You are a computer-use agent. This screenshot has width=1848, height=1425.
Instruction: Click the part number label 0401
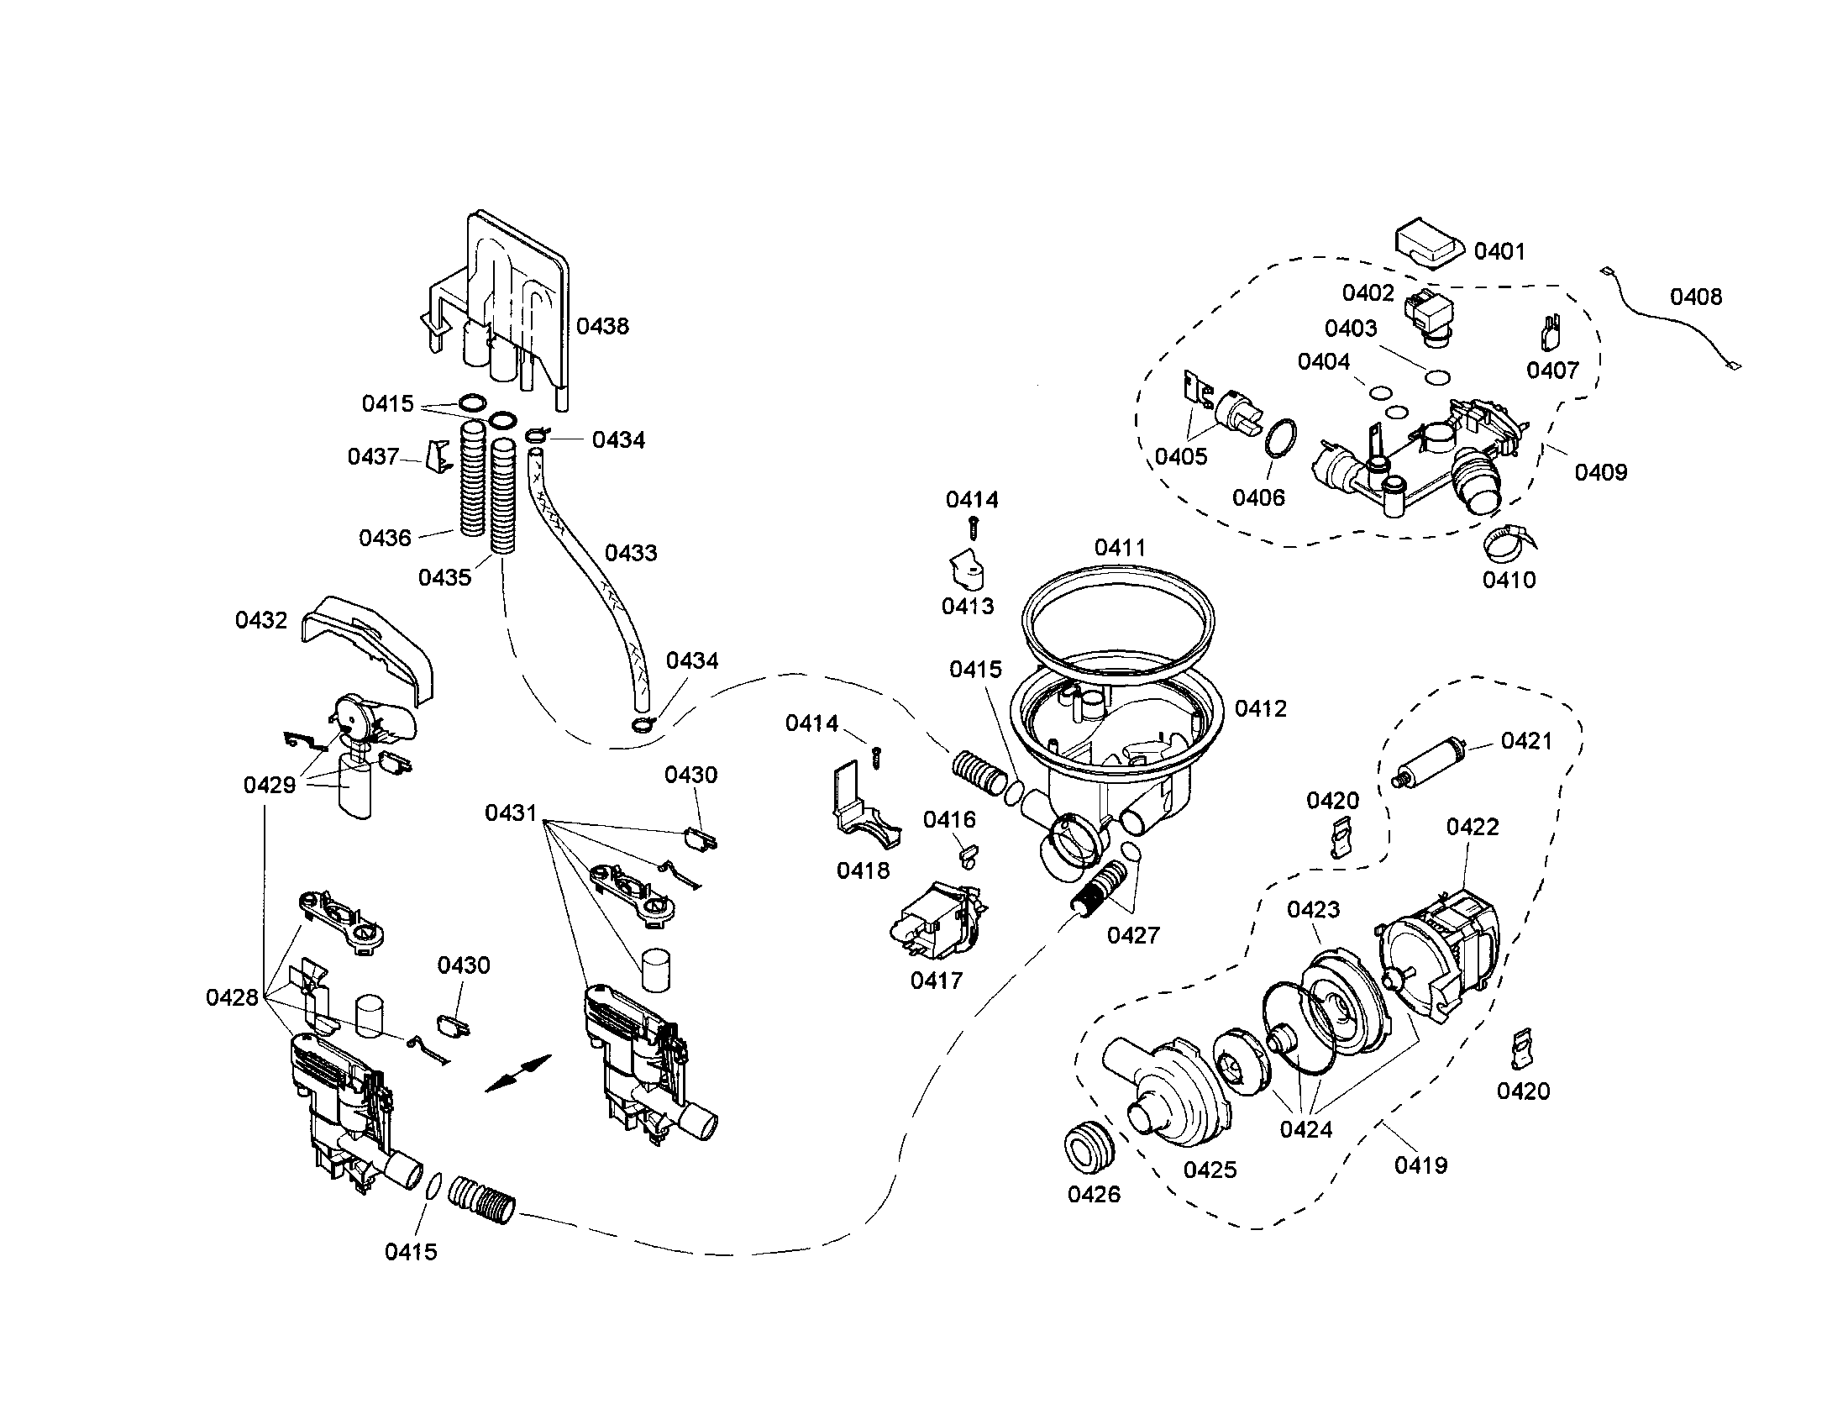pyautogui.click(x=1499, y=251)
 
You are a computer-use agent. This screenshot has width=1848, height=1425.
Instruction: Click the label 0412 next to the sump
pyautogui.click(x=1261, y=708)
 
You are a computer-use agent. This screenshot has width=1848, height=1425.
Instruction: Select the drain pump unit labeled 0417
pyautogui.click(x=935, y=923)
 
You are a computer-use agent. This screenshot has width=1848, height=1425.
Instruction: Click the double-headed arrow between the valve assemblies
pyautogui.click(x=517, y=1074)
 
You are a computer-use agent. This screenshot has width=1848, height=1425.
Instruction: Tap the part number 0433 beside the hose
pyautogui.click(x=630, y=553)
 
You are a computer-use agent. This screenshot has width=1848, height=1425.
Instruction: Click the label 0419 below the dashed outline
pyautogui.click(x=1420, y=1165)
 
